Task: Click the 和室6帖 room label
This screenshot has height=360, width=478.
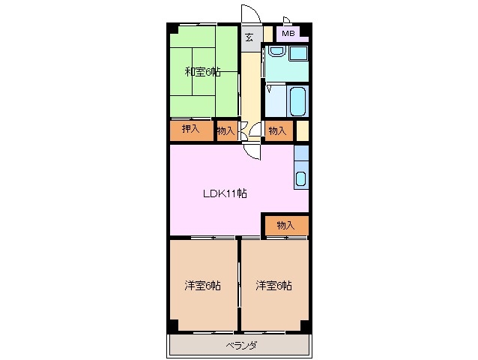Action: tap(202, 72)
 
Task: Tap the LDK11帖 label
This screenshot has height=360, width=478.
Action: tap(226, 193)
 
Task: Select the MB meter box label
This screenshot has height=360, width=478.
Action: tap(288, 33)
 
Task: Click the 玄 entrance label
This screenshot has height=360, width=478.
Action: tap(249, 36)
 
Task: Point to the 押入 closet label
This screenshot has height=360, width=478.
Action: tap(190, 129)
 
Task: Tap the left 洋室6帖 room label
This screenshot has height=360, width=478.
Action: tap(202, 285)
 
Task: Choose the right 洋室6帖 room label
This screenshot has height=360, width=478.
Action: tap(273, 285)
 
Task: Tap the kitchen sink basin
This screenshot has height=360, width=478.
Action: tap(300, 178)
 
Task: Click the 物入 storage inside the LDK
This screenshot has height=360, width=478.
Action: tap(285, 225)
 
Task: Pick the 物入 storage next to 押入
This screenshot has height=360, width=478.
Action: tap(226, 131)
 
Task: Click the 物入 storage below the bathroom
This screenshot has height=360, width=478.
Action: tap(276, 131)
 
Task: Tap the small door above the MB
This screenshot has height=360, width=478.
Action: tap(287, 21)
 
